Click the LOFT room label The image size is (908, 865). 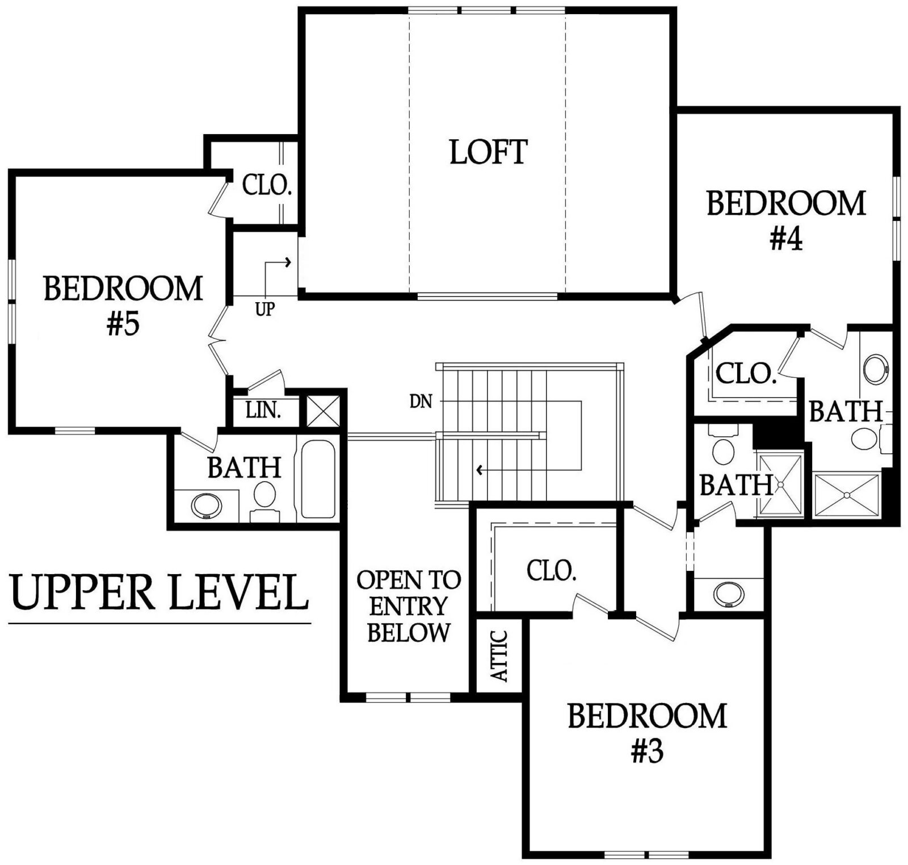(x=489, y=152)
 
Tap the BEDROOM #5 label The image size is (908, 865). (x=123, y=306)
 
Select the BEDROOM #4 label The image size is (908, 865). (x=786, y=221)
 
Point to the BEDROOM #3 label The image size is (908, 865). (x=647, y=733)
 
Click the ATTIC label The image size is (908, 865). (x=499, y=655)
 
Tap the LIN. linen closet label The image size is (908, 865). (x=263, y=410)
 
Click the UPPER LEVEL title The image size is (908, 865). (x=159, y=592)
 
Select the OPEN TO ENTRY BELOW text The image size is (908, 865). (x=409, y=607)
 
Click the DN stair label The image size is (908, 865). (x=421, y=402)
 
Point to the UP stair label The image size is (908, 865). (x=265, y=310)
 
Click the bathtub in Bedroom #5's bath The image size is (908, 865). (x=318, y=478)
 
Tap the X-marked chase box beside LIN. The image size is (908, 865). (x=323, y=411)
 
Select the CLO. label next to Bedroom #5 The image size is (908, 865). (x=267, y=185)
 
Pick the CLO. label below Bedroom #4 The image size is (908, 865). (x=746, y=374)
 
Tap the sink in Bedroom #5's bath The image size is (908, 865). (x=207, y=505)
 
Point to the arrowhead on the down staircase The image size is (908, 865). (x=480, y=470)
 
